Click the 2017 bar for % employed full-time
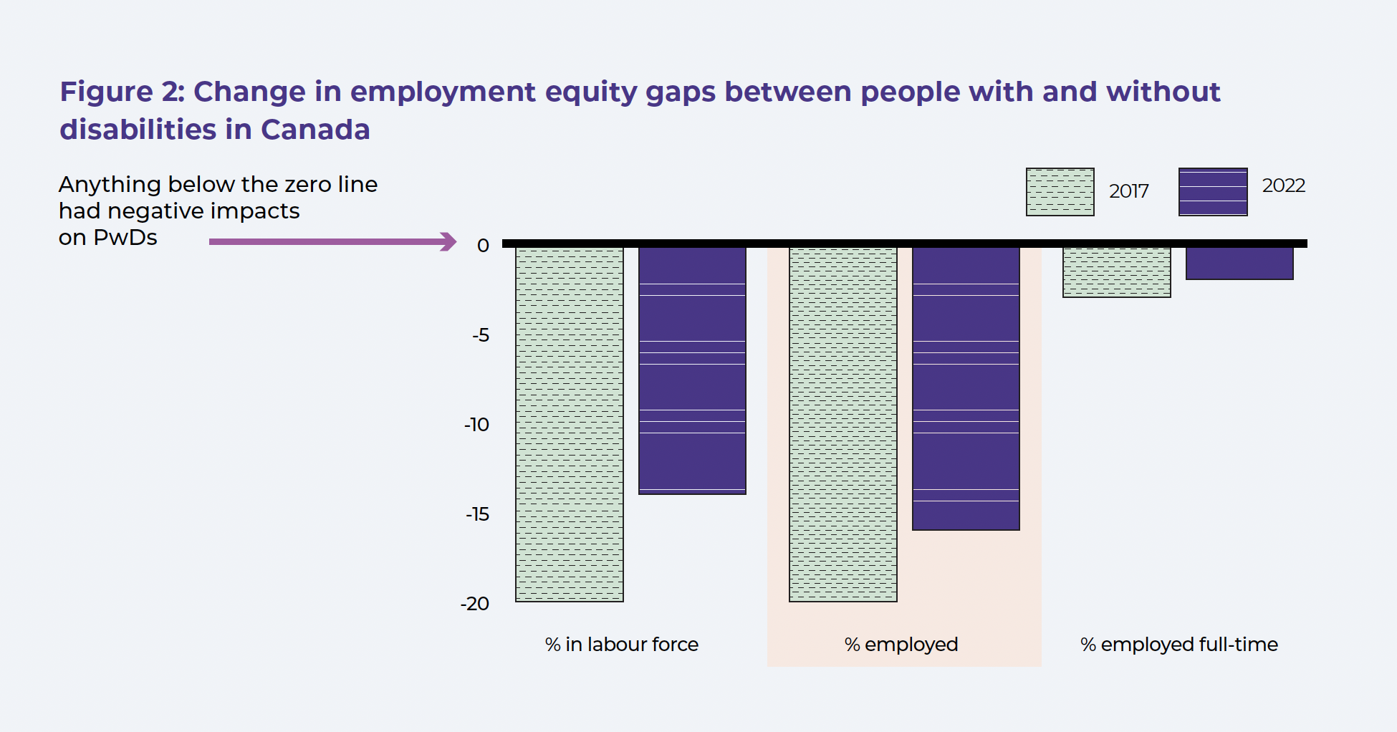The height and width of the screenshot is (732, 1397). [1117, 272]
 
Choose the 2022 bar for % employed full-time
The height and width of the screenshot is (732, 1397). [1239, 264]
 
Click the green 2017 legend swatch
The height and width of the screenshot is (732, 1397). [1060, 192]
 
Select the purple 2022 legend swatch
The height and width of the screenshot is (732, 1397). [1213, 192]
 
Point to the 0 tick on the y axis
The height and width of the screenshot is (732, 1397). [484, 246]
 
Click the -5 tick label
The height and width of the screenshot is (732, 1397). [481, 335]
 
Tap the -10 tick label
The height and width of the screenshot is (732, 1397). [477, 425]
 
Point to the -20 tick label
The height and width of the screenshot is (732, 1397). [475, 604]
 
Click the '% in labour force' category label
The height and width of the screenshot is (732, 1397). [621, 645]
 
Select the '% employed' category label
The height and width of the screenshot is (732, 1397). [901, 645]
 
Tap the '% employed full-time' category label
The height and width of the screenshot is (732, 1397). [1178, 645]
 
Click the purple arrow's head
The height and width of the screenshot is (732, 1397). [449, 241]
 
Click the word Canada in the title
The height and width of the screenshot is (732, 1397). [315, 130]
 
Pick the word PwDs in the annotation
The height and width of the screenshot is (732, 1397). [125, 238]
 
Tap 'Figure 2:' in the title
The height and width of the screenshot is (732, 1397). [122, 92]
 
